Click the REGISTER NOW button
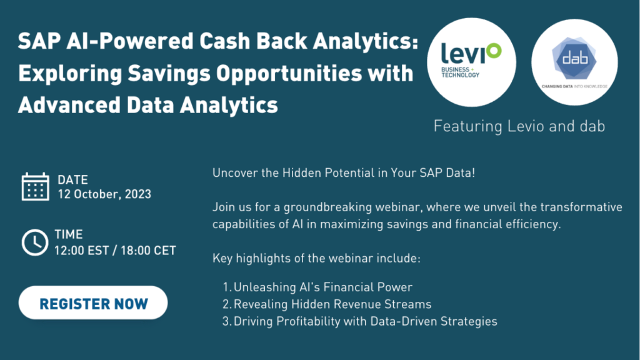point(93,302)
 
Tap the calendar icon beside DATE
point(36,186)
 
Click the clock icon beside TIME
point(35,242)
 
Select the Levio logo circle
point(471,62)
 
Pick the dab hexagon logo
point(574,59)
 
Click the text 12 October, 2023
point(104,194)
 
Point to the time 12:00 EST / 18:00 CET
point(115,250)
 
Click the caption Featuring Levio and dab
point(519,126)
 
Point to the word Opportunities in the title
point(289,74)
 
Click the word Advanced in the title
point(69,105)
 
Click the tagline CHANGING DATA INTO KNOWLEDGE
point(574,86)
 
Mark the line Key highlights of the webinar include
point(316,258)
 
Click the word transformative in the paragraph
point(581,207)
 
